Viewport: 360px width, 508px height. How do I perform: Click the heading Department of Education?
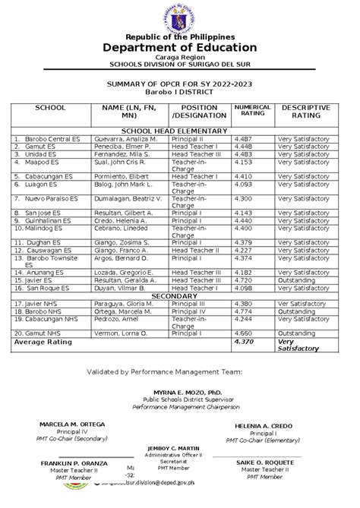[x=180, y=47]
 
